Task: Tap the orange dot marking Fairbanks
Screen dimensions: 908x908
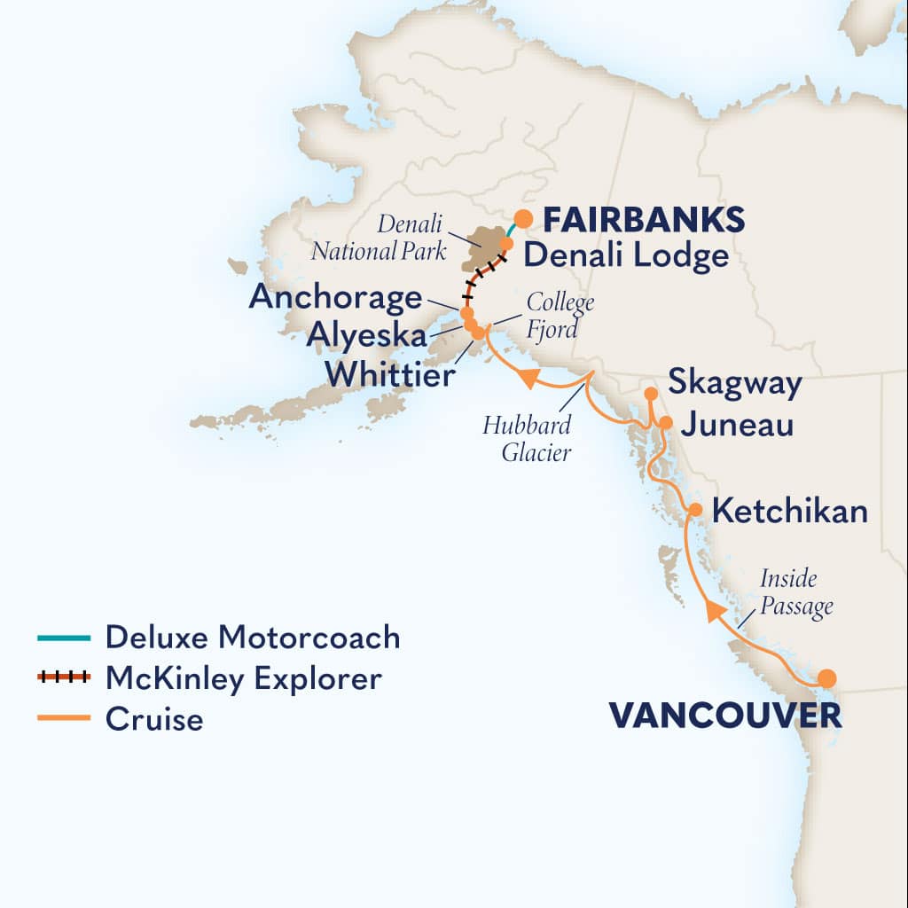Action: click(x=524, y=218)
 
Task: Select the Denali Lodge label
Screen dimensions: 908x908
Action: click(x=626, y=256)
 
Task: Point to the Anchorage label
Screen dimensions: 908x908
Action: click(x=335, y=297)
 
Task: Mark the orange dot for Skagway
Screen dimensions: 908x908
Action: click(x=651, y=393)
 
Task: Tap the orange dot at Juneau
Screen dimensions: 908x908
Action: click(x=666, y=423)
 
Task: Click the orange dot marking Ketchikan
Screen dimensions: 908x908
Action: click(x=696, y=510)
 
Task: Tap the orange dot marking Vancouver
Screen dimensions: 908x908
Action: click(x=826, y=678)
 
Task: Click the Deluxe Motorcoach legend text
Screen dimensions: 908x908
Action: click(x=253, y=637)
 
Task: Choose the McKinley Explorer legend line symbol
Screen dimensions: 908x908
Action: click(x=64, y=678)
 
